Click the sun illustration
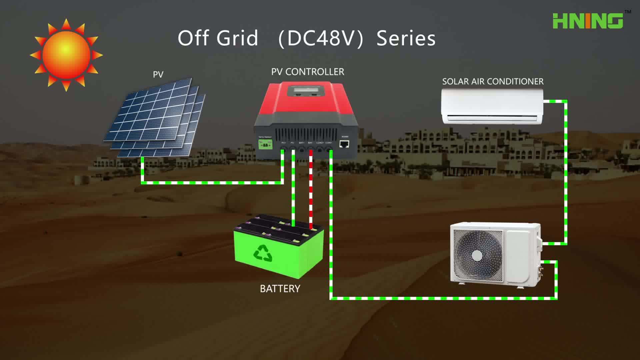(66, 55)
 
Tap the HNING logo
(588, 21)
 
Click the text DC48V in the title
(321, 38)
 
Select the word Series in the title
(406, 38)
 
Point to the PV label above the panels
(158, 74)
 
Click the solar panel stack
(155, 118)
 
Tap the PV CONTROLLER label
(307, 72)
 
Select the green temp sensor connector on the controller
(265, 144)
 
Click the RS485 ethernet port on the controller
(344, 144)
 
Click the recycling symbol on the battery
(263, 253)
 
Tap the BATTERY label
(280, 289)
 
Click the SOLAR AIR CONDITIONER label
(493, 82)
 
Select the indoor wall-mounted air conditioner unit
(492, 107)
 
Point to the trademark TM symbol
(628, 12)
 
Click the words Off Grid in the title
(218, 38)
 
